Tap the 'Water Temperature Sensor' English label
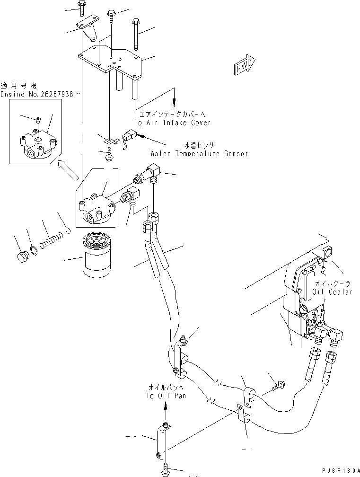coord(199,153)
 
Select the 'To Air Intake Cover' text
coord(172,123)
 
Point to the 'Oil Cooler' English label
coord(332,292)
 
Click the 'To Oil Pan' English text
coord(166,395)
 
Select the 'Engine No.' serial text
coord(40,95)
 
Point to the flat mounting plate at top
coord(112,59)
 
